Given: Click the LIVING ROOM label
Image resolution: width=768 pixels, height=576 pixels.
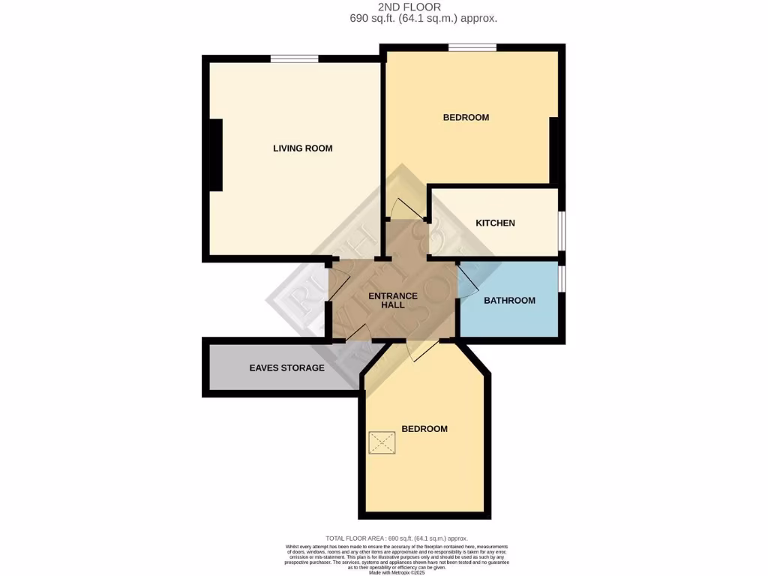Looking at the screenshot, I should point(302,148).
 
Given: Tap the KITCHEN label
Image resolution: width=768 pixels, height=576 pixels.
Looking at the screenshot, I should point(495,223).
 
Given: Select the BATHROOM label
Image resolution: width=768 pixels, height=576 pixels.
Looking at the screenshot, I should point(509,301).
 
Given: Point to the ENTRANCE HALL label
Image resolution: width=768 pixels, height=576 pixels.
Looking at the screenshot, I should point(393,301).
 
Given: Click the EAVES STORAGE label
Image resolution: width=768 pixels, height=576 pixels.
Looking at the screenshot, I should point(286,368).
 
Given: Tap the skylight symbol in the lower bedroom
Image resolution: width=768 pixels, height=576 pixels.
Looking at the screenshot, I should point(381,442).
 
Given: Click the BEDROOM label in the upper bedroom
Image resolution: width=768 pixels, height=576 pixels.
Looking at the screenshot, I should point(466,117).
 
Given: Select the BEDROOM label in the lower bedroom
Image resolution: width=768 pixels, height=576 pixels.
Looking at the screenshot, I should point(424,429).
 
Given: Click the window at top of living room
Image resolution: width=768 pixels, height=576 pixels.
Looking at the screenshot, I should point(294,58).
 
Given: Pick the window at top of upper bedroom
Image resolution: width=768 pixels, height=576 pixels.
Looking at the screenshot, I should point(472,48).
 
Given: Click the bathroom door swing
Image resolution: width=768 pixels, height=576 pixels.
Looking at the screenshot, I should point(466,281).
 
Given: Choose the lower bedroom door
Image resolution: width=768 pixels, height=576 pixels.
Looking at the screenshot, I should point(423,350).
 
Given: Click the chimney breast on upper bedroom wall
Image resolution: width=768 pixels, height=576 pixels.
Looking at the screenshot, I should point(556,150).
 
